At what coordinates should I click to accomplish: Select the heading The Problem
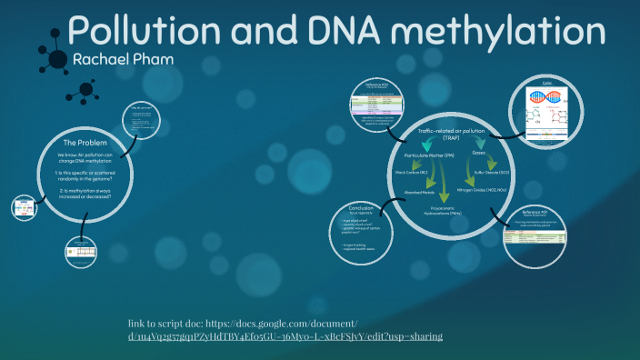coord(85,144)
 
